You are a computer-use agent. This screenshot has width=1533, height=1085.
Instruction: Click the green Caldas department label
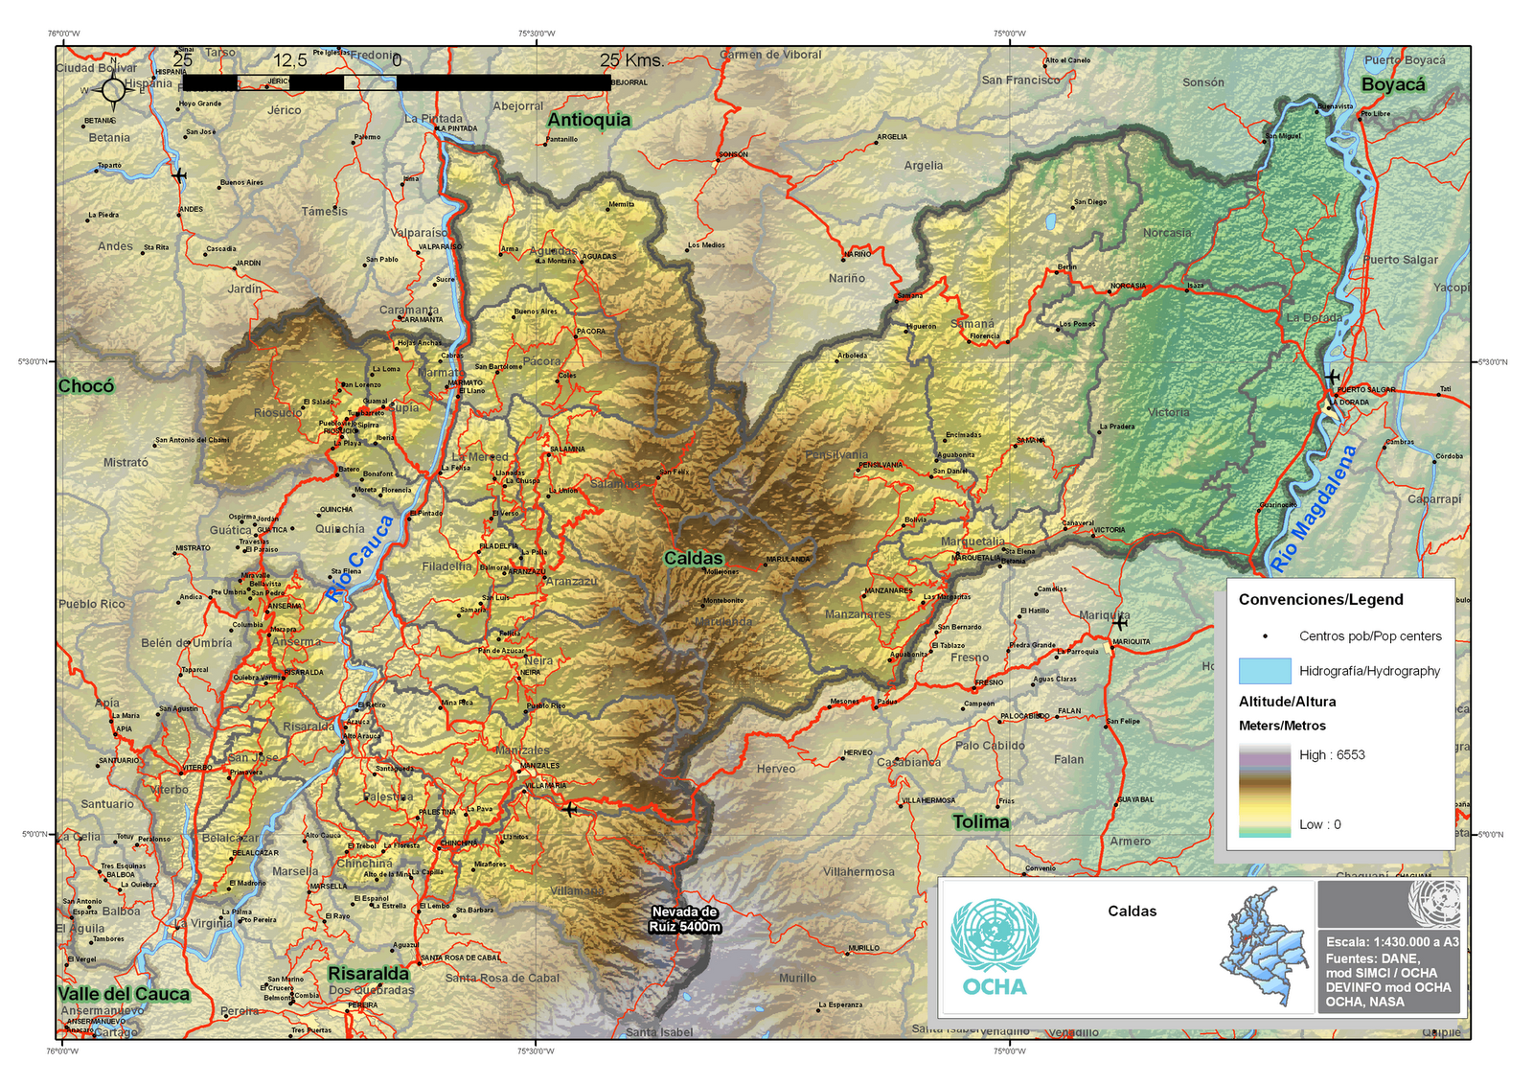(693, 558)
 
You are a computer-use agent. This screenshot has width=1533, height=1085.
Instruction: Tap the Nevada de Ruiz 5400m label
(684, 919)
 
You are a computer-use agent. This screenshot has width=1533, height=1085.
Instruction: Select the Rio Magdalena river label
(1313, 508)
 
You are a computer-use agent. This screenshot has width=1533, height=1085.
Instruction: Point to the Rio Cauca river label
(359, 557)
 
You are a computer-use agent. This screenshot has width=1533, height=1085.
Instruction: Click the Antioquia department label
(588, 120)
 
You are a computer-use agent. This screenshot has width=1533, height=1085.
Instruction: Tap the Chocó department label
(85, 385)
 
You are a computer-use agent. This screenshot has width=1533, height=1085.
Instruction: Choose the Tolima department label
(980, 821)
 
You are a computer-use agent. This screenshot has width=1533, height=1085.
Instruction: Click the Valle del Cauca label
(123, 994)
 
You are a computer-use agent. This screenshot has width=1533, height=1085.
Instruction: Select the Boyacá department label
(1392, 84)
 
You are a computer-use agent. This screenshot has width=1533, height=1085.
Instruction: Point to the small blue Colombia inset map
(1265, 947)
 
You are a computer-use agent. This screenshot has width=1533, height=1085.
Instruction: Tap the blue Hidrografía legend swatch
(1264, 671)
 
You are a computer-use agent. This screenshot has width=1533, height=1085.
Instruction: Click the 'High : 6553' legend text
(1331, 754)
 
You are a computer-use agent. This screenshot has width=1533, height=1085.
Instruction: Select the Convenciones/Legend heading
(1319, 600)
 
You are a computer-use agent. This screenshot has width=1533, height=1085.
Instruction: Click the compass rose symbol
(113, 91)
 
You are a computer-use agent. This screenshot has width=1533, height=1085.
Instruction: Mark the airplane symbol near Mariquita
(1118, 623)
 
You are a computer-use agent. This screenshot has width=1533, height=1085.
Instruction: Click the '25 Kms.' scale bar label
(631, 60)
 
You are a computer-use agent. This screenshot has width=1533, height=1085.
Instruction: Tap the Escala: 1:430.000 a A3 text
(1391, 942)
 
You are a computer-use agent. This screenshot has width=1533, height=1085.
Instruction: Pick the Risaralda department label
(368, 974)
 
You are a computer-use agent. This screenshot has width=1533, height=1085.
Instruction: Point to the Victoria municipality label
(1168, 412)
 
